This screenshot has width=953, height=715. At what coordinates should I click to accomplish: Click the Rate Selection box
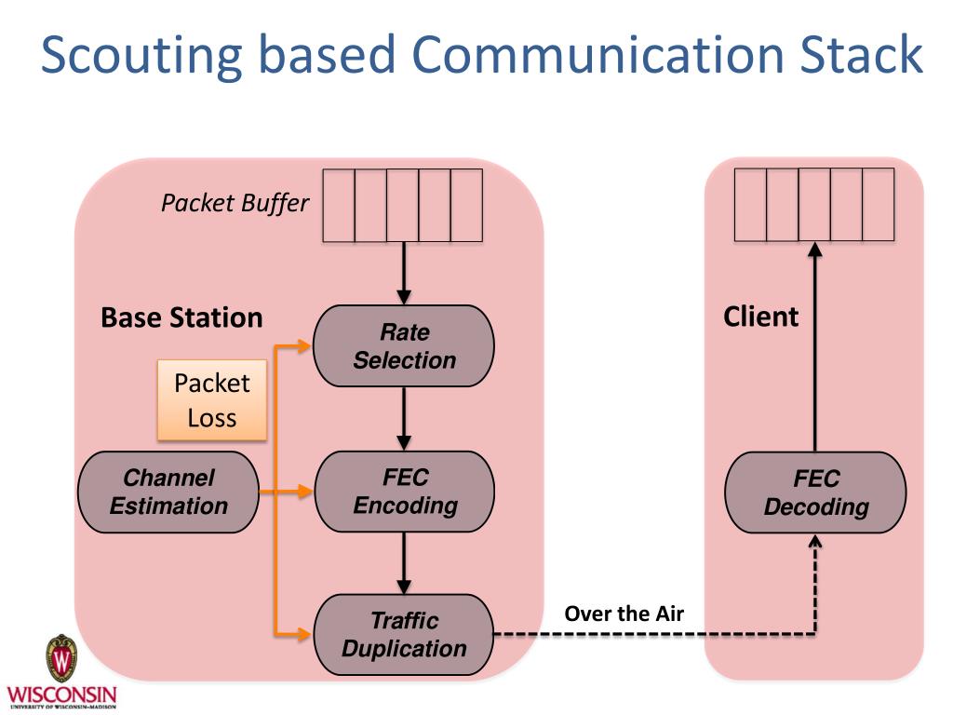pos(404,346)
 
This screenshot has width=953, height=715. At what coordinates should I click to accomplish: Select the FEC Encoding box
pos(405,492)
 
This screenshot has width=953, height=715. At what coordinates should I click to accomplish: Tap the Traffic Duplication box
pos(404,635)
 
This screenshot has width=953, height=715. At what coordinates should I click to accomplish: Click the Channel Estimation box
pos(168,492)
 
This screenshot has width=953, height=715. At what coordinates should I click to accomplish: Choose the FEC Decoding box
pos(815,492)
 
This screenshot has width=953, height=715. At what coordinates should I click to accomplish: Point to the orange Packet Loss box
pos(212,400)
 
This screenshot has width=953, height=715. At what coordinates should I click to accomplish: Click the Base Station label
pos(181,317)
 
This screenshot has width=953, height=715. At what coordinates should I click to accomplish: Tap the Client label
pos(760,317)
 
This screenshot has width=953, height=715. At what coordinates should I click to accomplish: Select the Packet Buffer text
pos(235,203)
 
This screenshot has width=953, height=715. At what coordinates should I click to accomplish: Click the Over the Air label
pos(624,614)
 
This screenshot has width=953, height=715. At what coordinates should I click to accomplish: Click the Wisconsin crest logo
pos(61,659)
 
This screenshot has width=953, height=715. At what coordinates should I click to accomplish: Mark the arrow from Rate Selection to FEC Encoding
pos(404,418)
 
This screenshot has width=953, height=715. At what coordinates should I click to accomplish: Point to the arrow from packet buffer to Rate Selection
pos(404,273)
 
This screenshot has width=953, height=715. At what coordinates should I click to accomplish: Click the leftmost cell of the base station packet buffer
pos(339,205)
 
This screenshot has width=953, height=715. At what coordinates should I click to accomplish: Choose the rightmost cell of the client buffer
pos(878,205)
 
